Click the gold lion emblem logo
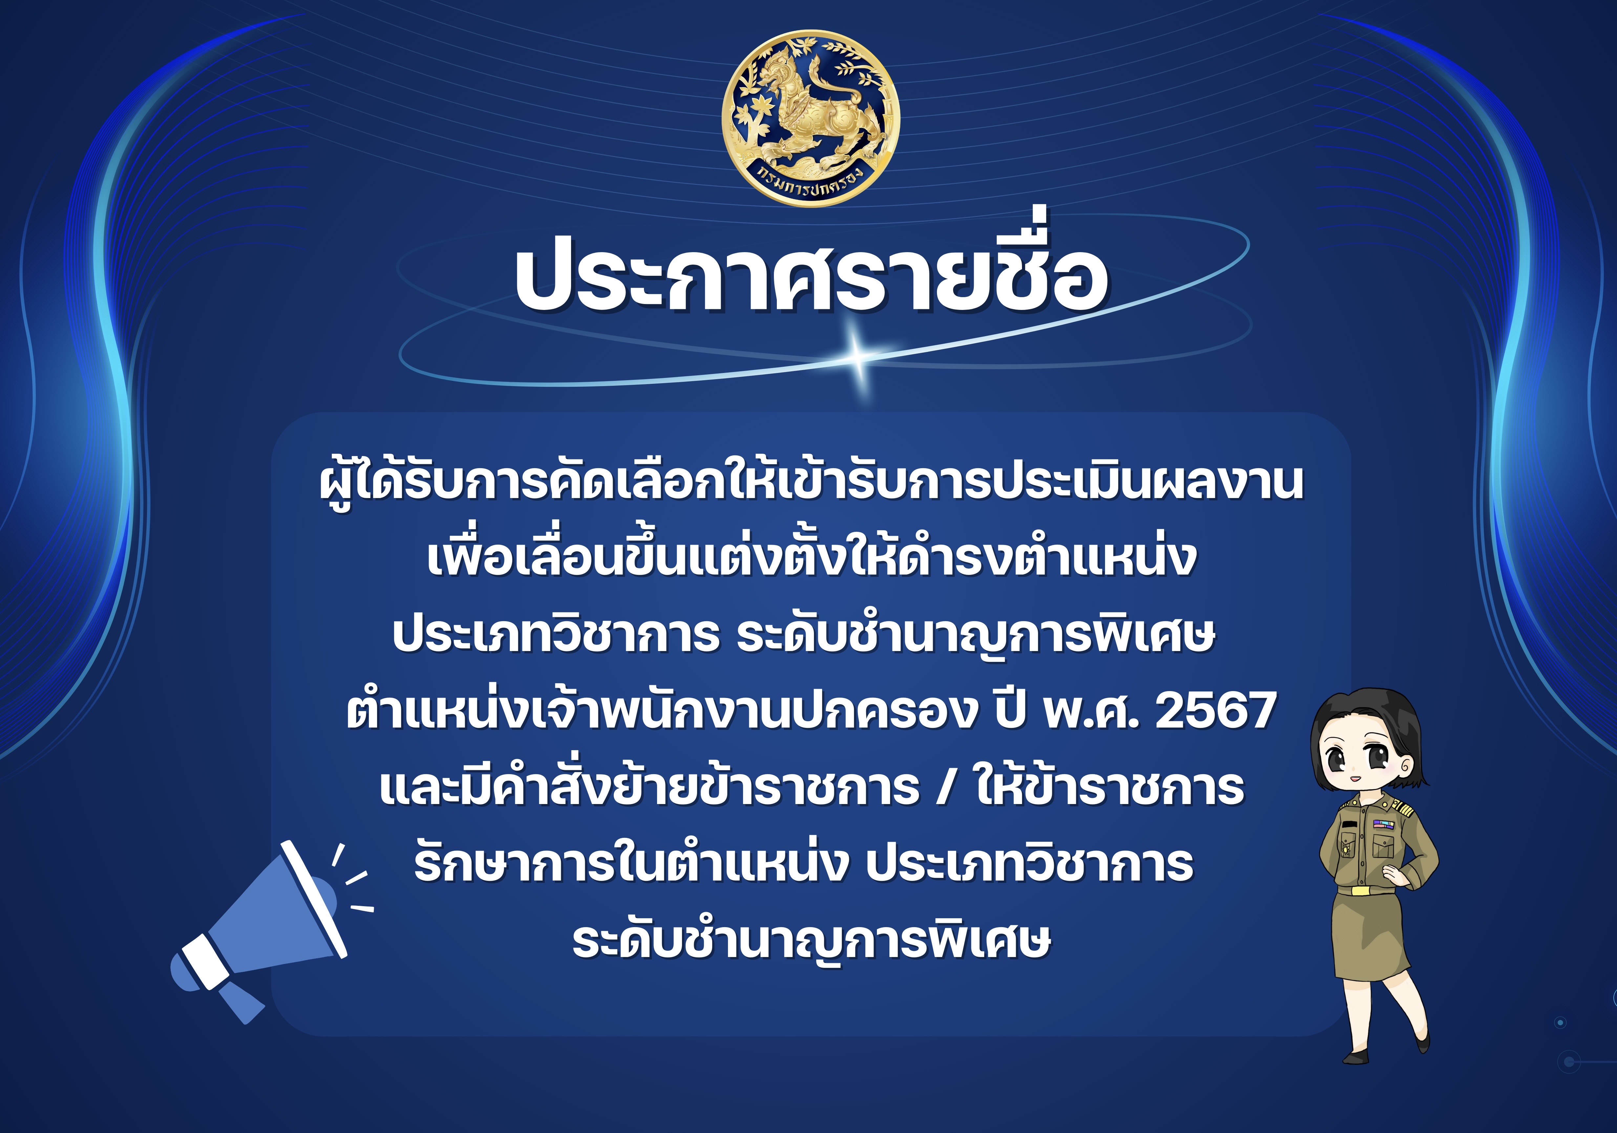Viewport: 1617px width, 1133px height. point(811,118)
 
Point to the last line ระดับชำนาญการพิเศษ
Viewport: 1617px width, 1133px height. point(811,941)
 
